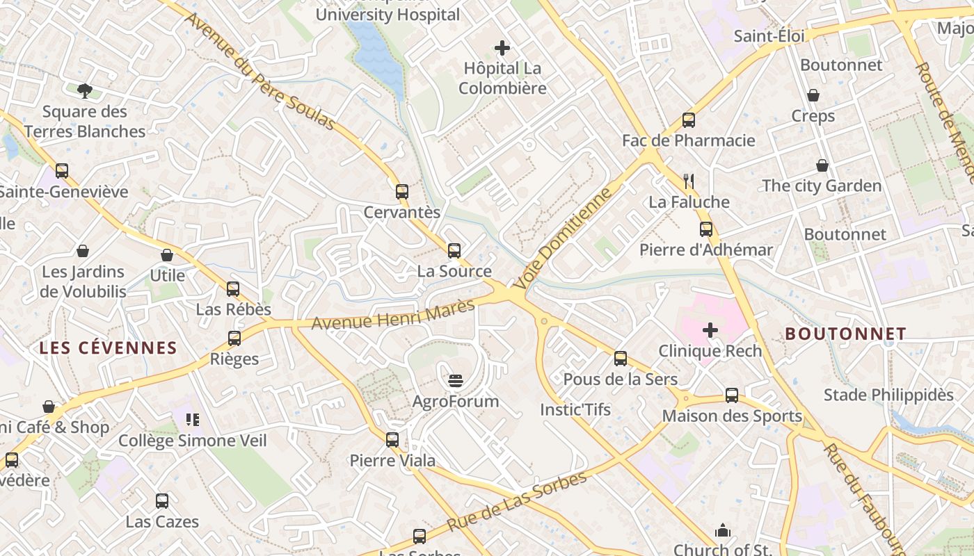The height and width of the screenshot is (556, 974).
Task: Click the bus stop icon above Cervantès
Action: pyautogui.click(x=401, y=192)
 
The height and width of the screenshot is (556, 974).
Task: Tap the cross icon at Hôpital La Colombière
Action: pyautogui.click(x=502, y=48)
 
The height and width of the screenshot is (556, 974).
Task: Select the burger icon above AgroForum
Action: pyautogui.click(x=456, y=380)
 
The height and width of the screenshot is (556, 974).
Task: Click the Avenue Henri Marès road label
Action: pyautogui.click(x=393, y=314)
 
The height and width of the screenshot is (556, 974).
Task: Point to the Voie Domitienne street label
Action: pyautogui.click(x=564, y=237)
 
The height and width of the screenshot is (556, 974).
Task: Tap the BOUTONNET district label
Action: pyautogui.click(x=845, y=334)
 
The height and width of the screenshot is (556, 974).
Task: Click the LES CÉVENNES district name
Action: pyautogui.click(x=108, y=348)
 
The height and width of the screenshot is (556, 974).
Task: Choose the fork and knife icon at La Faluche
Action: pyautogui.click(x=689, y=181)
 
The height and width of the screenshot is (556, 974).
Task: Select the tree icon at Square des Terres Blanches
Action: pyautogui.click(x=85, y=90)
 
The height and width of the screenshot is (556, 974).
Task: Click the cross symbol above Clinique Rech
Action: pyautogui.click(x=710, y=330)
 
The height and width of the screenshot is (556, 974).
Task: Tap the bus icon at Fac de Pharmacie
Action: pyautogui.click(x=688, y=120)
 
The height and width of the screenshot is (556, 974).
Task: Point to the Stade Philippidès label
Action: pyautogui.click(x=888, y=395)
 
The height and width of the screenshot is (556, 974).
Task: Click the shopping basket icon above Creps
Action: pyautogui.click(x=813, y=95)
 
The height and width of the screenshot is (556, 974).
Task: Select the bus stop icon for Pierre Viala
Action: pyautogui.click(x=392, y=439)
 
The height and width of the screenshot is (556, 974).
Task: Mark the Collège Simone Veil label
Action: pyautogui.click(x=192, y=441)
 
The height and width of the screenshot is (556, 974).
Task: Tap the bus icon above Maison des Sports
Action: pyautogui.click(x=731, y=395)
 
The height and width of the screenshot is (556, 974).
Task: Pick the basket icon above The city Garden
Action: pyautogui.click(x=822, y=165)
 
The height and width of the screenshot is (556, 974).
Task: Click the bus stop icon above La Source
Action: pyautogui.click(x=454, y=251)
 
